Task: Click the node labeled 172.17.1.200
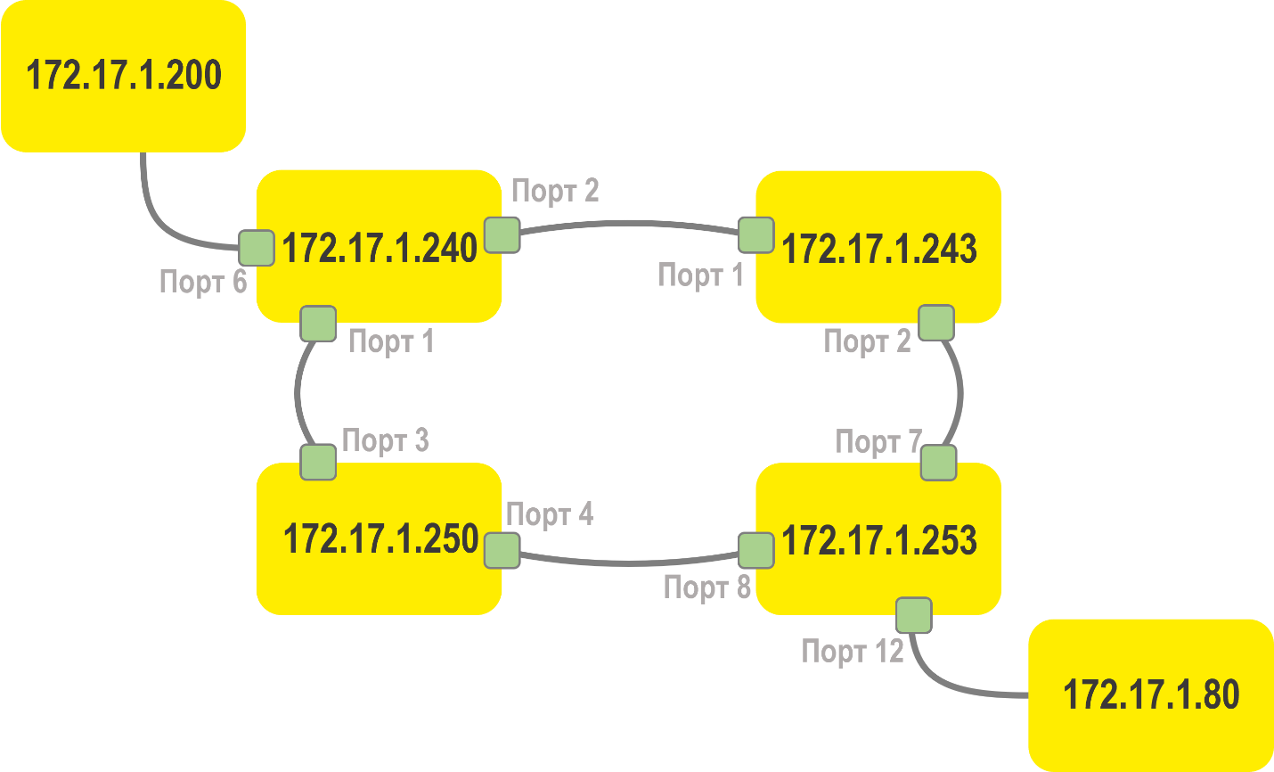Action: tap(123, 76)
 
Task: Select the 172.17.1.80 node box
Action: tap(1150, 694)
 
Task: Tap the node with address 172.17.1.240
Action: tap(379, 247)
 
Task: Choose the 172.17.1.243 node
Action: tap(878, 248)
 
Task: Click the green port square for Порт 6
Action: tap(257, 248)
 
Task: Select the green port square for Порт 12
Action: tap(914, 615)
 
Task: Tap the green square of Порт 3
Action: tap(318, 463)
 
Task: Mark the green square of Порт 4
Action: tap(502, 551)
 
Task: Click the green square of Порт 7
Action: tap(938, 463)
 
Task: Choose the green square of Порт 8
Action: tap(756, 551)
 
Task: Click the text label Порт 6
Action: tap(202, 282)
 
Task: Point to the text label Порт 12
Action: tap(853, 652)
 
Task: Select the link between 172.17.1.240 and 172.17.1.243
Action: tap(629, 223)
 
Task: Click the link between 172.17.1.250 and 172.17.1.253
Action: tap(629, 563)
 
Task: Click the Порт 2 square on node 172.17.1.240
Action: tap(502, 234)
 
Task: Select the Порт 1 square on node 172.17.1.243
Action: tap(756, 235)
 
